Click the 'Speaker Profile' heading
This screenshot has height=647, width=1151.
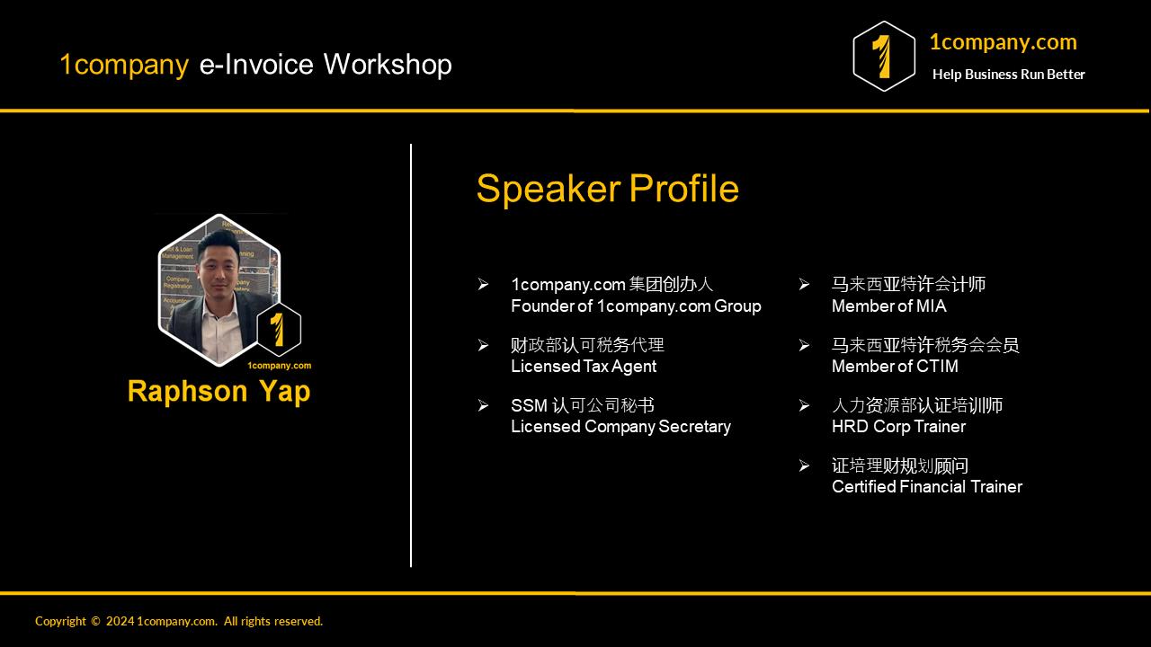tap(607, 189)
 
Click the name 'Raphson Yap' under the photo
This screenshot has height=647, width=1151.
tap(219, 392)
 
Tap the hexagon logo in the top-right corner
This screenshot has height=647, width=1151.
tap(883, 57)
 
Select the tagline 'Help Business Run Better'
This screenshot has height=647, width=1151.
tap(1008, 75)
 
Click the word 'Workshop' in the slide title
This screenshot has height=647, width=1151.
tap(388, 65)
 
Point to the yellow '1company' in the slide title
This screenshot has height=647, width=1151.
tap(124, 65)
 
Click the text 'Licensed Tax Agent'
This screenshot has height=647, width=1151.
tap(583, 367)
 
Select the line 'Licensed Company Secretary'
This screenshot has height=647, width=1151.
tap(620, 427)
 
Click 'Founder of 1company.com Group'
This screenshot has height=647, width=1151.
tap(636, 306)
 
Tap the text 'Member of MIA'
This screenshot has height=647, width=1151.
tap(888, 306)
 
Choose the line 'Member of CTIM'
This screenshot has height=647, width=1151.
tap(895, 367)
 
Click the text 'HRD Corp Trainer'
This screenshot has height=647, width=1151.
tap(898, 427)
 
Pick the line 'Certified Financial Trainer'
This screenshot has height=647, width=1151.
tap(926, 487)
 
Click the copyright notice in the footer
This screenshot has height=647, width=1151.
tap(179, 621)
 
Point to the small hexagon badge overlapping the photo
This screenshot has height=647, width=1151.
tap(279, 330)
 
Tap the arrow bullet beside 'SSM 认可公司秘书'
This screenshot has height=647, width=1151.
tap(483, 406)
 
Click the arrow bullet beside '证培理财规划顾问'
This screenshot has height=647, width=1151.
tap(804, 465)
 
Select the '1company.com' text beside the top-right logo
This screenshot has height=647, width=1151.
tap(1002, 42)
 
